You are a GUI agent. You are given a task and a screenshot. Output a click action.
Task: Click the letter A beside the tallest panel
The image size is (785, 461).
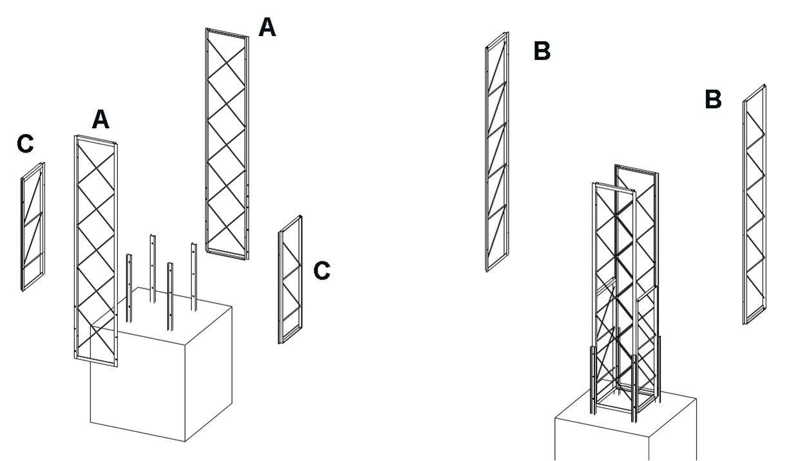tap(267, 28)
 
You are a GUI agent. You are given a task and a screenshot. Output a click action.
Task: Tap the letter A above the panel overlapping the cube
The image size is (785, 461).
tap(101, 119)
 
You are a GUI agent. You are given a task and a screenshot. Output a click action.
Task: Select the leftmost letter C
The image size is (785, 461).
tap(25, 145)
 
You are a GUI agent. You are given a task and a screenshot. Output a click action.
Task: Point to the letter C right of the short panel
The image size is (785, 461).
tap(322, 271)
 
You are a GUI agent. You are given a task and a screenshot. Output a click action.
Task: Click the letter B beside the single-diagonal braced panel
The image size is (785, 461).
tap(542, 51)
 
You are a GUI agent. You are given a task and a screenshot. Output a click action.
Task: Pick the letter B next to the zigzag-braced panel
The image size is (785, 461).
tap(713, 100)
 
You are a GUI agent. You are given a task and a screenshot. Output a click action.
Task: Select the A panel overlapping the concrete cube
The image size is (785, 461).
tap(96, 251)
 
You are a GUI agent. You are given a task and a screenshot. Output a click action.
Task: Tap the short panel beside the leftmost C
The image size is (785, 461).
tap(33, 225)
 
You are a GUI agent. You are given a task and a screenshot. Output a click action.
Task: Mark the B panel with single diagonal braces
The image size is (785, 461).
tap(497, 151)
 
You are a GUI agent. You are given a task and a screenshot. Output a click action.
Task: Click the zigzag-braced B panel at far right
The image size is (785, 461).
tap(754, 205)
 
